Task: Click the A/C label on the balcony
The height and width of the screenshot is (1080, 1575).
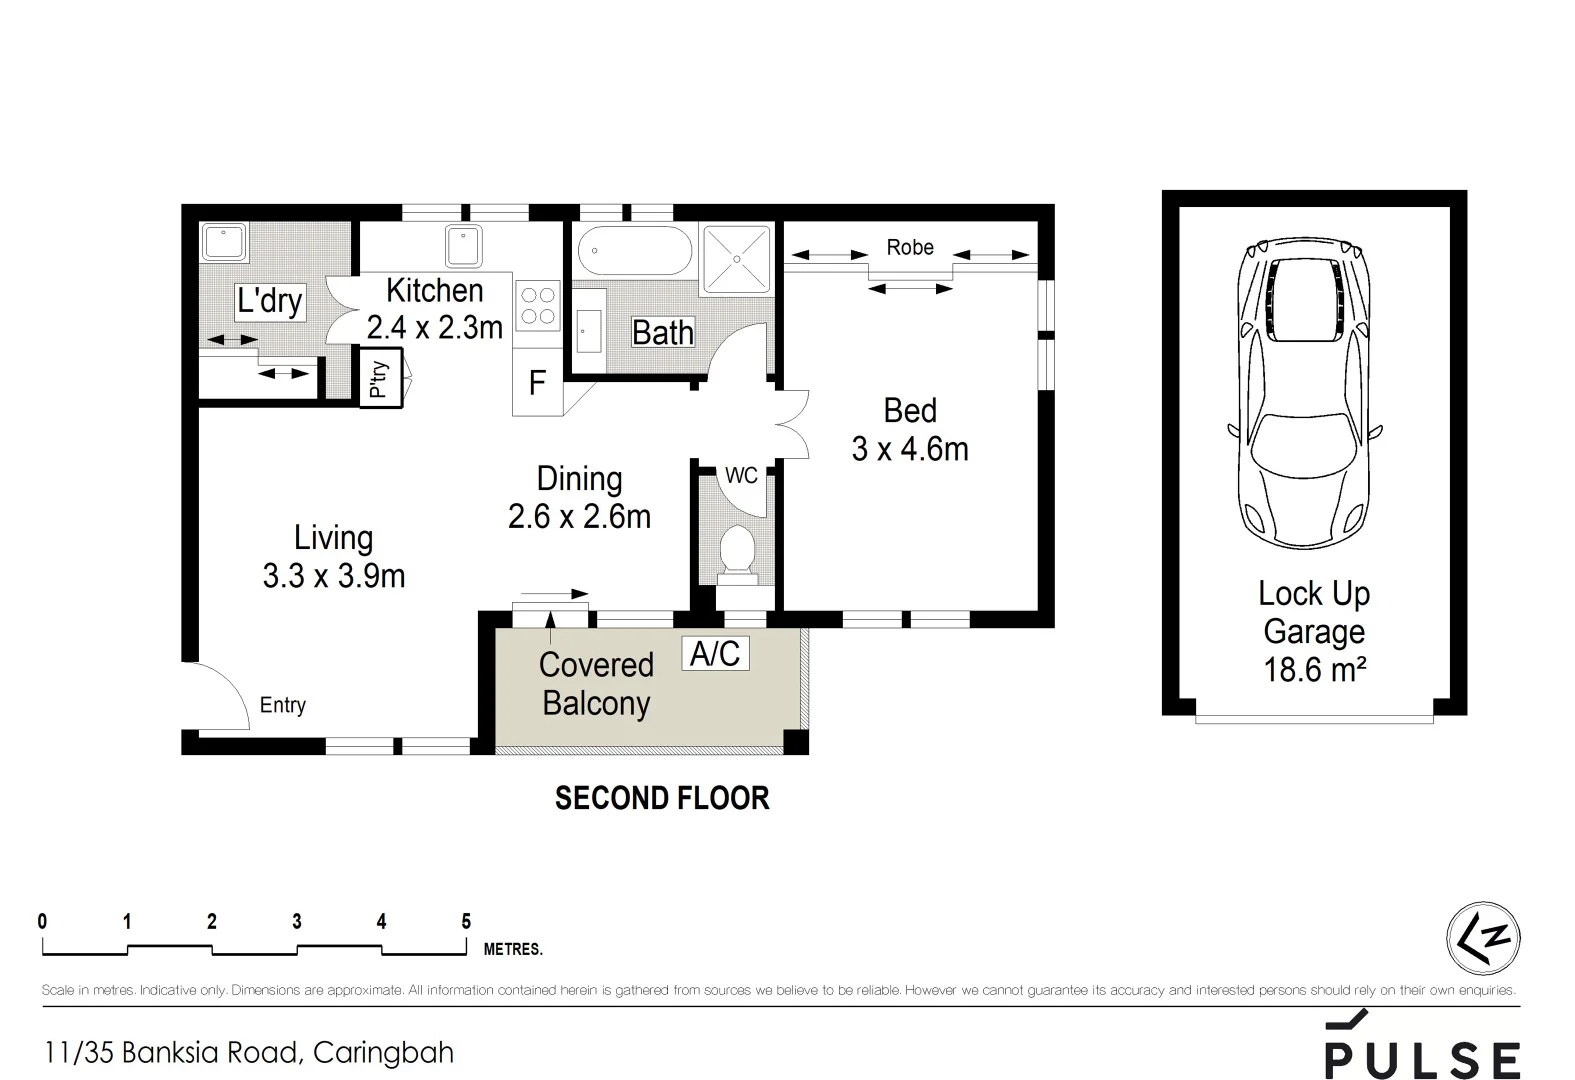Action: pos(715,653)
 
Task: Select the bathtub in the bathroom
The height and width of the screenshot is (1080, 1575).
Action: pos(635,250)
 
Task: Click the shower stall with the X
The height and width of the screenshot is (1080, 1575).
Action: pos(736,259)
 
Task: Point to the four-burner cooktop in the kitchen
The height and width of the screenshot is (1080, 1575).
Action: pos(538,305)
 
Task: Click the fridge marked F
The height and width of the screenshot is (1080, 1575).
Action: pos(538,382)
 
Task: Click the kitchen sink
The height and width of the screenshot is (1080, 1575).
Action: pos(464,246)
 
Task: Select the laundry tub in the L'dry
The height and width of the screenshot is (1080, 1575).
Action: pos(224,242)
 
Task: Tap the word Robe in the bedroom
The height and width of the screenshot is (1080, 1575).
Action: pos(910,248)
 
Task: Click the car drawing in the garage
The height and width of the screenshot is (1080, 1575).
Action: pos(1304,393)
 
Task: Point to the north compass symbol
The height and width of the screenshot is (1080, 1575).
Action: pos(1484,938)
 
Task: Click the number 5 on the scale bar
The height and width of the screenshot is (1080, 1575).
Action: pos(466,921)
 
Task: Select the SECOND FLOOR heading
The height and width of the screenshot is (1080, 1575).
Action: pos(662,798)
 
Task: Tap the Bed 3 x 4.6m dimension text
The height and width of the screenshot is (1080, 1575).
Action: pos(910,430)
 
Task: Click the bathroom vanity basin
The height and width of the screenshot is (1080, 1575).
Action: pos(589,331)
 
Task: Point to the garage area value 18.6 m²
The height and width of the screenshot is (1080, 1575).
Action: pos(1314,669)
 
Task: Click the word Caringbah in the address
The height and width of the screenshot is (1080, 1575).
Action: pos(383,1053)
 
